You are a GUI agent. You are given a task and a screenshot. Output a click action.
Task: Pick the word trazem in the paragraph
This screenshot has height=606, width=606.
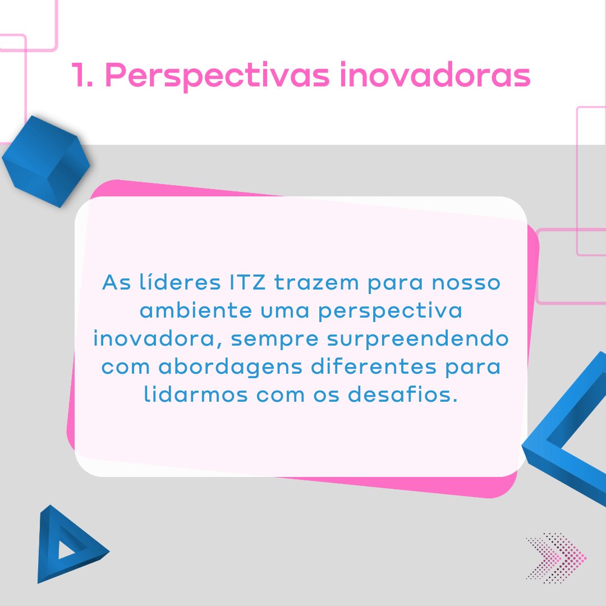point(316,282)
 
